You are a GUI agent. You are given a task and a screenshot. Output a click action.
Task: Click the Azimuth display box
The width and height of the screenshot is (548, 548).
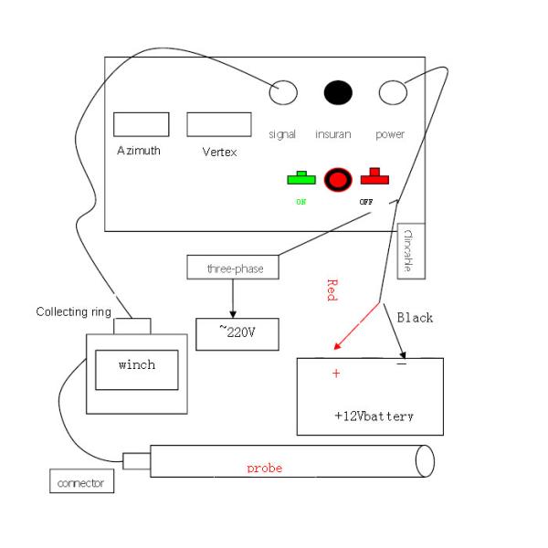tap(142, 124)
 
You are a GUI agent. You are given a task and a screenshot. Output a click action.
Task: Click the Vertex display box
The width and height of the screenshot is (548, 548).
tap(219, 124)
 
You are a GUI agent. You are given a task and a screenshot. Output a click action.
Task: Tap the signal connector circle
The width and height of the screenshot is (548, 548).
tap(283, 92)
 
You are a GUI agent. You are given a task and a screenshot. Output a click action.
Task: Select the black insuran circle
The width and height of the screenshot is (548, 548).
tap(338, 92)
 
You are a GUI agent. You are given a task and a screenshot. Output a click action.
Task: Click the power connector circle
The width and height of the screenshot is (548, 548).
tap(392, 92)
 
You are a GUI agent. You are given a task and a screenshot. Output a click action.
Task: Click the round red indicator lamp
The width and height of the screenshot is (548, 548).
tap(338, 179)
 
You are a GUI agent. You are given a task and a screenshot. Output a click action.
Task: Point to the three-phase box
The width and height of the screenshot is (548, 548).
tap(232, 268)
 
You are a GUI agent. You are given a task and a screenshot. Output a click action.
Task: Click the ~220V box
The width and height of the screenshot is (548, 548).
tap(237, 333)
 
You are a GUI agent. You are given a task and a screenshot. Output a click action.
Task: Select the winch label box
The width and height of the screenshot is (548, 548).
tap(137, 365)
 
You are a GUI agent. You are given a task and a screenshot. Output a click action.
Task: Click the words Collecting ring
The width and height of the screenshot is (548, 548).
tap(73, 312)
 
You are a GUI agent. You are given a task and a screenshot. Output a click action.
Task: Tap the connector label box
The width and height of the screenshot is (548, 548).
tap(82, 481)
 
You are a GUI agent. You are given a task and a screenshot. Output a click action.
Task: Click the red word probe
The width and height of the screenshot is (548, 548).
tap(265, 468)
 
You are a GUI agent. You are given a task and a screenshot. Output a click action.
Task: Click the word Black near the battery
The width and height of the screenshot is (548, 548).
tap(415, 318)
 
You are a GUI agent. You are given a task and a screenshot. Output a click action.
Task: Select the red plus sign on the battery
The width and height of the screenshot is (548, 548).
tap(336, 374)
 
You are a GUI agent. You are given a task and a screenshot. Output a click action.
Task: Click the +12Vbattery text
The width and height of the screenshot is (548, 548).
tap(374, 416)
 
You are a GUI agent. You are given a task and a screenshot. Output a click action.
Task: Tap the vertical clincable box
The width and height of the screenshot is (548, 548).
tap(407, 249)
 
